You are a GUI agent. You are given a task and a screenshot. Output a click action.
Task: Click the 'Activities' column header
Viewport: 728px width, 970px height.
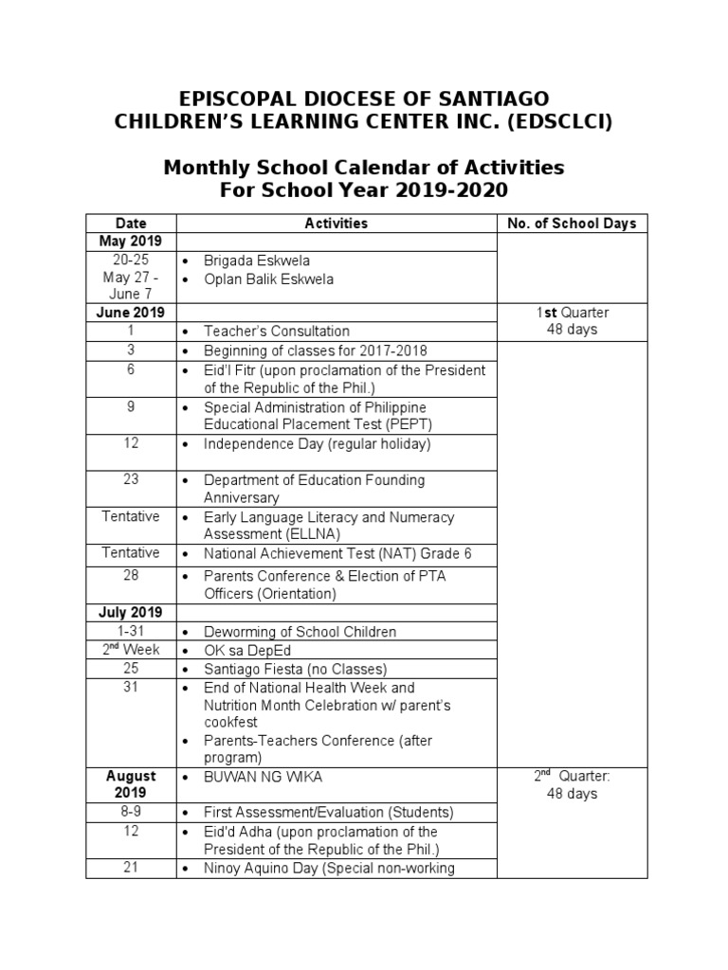click(x=336, y=224)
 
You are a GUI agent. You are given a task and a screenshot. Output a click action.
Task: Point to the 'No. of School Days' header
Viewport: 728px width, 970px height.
click(x=572, y=224)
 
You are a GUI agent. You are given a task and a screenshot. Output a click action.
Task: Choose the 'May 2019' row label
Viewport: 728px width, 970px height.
click(x=131, y=242)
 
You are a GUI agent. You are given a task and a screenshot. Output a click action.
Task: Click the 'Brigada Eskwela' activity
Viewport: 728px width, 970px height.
click(x=256, y=260)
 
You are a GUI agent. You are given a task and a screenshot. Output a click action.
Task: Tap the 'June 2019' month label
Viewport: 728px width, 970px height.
click(x=131, y=313)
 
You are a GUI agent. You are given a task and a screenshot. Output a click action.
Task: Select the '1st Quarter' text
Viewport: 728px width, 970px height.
click(x=572, y=313)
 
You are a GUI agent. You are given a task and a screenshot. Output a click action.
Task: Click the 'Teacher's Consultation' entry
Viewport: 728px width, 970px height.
click(x=276, y=332)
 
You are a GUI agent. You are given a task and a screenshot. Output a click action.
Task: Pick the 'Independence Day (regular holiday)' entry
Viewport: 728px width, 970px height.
click(x=317, y=444)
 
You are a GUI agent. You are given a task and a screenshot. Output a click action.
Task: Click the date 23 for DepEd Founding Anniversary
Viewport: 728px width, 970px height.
click(x=131, y=480)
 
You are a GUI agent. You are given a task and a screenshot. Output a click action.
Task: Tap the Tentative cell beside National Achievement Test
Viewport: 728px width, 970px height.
click(x=131, y=553)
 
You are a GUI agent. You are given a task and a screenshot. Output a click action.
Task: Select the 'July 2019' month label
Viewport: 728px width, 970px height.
click(x=131, y=613)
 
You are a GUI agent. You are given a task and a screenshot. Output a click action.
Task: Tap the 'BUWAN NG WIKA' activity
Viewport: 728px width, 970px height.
click(x=263, y=777)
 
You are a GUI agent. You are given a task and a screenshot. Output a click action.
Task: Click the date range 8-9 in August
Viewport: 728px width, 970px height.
click(x=131, y=813)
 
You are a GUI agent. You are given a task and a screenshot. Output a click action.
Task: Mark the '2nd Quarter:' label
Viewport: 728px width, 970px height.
click(x=572, y=776)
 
